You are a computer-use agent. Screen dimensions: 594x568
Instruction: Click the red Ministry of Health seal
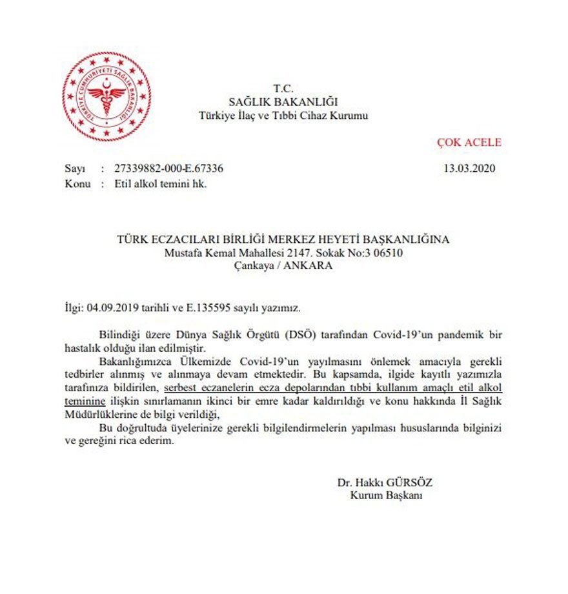[107, 96]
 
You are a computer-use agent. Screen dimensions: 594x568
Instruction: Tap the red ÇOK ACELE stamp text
[469, 143]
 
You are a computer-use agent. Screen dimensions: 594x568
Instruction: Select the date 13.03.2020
[468, 169]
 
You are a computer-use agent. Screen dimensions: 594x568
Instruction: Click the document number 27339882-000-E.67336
[168, 169]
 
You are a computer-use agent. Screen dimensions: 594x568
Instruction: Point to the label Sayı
[74, 169]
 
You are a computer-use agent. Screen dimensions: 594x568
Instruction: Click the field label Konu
[77, 183]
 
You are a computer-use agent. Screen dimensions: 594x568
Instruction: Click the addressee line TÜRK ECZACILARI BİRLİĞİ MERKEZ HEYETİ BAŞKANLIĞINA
[283, 239]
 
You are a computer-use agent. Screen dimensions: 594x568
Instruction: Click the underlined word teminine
[87, 402]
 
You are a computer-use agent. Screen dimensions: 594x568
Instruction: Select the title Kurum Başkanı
[386, 495]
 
